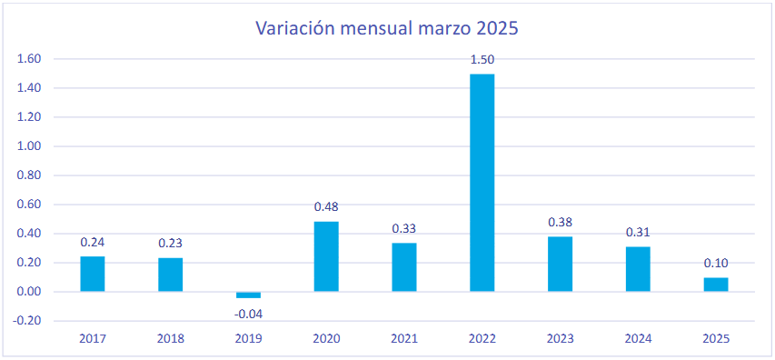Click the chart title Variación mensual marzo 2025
click(386, 28)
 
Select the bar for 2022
click(482, 183)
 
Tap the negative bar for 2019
click(248, 295)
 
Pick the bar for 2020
click(326, 256)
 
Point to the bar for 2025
click(716, 285)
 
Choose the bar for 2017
click(93, 274)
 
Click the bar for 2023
click(560, 264)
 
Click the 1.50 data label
click(482, 60)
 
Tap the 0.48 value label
click(326, 206)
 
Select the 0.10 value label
click(716, 263)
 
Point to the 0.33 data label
click(403, 228)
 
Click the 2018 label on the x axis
click(171, 339)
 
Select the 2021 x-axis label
click(404, 339)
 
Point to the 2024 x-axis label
click(638, 339)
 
